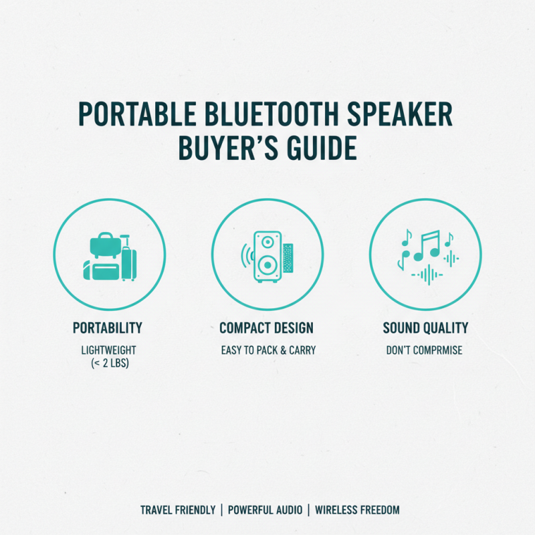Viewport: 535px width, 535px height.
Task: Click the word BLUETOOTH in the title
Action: pyautogui.click(x=259, y=115)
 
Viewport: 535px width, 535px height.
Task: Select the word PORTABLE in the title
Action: pyautogui.click(x=131, y=115)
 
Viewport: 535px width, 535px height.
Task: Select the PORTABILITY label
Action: pyautogui.click(x=108, y=328)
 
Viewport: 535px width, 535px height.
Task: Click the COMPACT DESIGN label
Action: pyautogui.click(x=267, y=328)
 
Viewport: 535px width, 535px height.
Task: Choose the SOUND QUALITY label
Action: pyautogui.click(x=425, y=328)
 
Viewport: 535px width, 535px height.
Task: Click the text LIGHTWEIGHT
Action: pyautogui.click(x=108, y=350)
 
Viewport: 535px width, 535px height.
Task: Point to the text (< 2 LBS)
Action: pyautogui.click(x=108, y=363)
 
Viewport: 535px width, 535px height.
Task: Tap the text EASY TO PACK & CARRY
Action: pyautogui.click(x=267, y=350)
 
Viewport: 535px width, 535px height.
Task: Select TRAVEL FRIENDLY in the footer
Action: pyautogui.click(x=178, y=510)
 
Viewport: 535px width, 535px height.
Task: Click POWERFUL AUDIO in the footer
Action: pyautogui.click(x=264, y=510)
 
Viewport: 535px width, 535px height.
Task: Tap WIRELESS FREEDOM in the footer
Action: pyautogui.click(x=357, y=510)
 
